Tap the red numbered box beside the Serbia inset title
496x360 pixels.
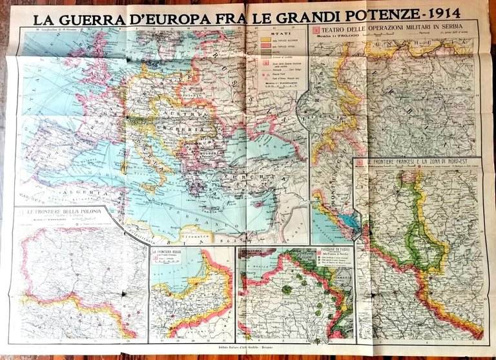(x=316, y=29)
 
